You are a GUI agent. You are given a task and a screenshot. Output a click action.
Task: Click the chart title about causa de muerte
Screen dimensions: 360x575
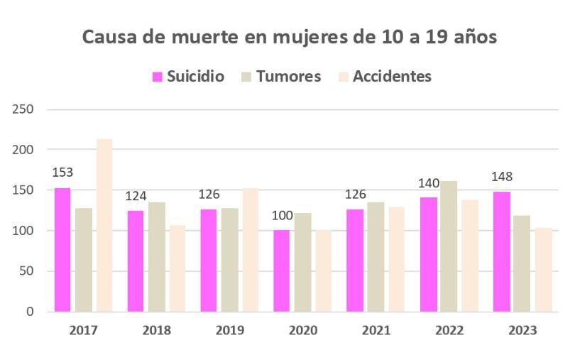tap(290, 37)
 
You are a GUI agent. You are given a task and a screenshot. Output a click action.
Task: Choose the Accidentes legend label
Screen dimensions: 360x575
tap(392, 77)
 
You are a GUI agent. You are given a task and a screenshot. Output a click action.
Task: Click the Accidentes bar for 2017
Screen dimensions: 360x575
tap(104, 225)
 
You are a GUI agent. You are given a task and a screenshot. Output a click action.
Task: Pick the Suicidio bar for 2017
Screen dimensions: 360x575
tap(62, 249)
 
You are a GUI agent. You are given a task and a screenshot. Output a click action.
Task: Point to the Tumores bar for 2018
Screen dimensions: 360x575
tap(156, 257)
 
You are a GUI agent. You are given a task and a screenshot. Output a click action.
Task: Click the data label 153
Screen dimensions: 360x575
tap(62, 173)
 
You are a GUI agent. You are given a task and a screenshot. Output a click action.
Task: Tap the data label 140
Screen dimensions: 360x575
tap(428, 183)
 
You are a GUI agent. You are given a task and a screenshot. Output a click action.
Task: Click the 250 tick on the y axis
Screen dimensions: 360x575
tap(24, 110)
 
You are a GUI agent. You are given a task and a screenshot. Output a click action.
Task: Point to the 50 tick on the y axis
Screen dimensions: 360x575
tap(27, 271)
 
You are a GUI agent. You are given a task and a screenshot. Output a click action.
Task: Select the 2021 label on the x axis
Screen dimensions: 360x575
tap(376, 330)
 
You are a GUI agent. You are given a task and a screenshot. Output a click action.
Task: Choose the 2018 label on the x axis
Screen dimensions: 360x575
tap(156, 330)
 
